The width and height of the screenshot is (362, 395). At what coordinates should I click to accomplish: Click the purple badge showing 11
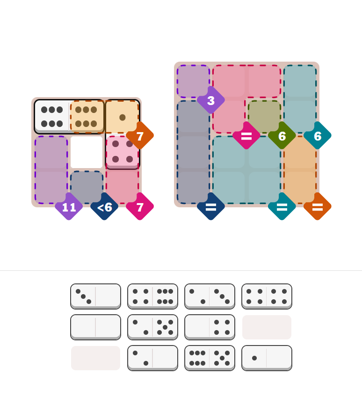point(69,206)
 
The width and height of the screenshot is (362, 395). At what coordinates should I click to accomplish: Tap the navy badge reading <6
point(104,206)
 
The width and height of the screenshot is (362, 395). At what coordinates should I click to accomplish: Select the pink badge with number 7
point(140,206)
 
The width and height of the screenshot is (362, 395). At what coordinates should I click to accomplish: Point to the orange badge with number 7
point(140,136)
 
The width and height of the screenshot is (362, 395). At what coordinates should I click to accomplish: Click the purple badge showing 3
point(211,100)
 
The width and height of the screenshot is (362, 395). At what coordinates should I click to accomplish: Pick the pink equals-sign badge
point(246,136)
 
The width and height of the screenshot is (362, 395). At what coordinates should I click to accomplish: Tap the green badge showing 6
point(282,136)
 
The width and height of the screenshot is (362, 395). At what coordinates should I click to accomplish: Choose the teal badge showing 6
point(318,136)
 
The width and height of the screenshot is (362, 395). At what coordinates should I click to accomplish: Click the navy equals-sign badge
point(211,206)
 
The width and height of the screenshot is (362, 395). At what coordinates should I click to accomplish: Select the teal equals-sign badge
point(282,206)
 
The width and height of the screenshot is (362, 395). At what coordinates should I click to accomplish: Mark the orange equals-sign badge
point(318,206)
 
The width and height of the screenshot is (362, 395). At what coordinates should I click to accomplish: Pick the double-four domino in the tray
point(267,296)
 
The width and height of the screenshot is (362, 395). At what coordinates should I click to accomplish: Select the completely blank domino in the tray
point(95,327)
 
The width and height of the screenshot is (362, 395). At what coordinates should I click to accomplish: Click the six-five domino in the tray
point(210,358)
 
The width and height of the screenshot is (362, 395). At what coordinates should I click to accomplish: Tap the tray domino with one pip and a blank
point(267,358)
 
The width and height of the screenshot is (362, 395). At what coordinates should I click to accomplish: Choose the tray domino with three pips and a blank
point(95,296)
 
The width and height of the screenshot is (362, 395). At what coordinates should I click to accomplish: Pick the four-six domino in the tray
point(152,296)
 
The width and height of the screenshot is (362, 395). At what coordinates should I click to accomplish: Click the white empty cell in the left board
point(87,152)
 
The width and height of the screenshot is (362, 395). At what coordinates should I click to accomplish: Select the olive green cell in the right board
point(264,116)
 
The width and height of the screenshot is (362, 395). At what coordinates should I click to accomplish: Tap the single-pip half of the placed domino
point(122,117)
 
